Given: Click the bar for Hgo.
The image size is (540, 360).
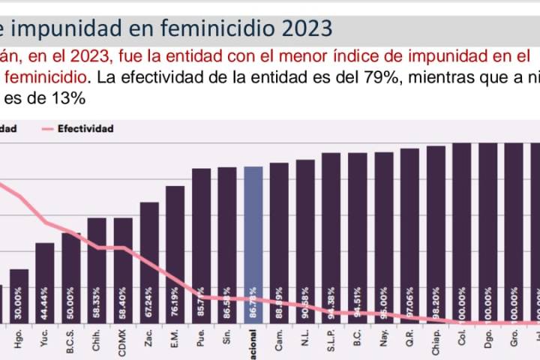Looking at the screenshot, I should click(19, 295).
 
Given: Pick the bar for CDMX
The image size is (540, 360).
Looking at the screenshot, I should click(123, 270).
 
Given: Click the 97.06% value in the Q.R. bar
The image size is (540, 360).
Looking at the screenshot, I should click(409, 303).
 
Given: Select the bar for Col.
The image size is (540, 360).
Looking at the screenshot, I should click(462, 232).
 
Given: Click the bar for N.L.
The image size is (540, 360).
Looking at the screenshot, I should click(305, 241).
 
